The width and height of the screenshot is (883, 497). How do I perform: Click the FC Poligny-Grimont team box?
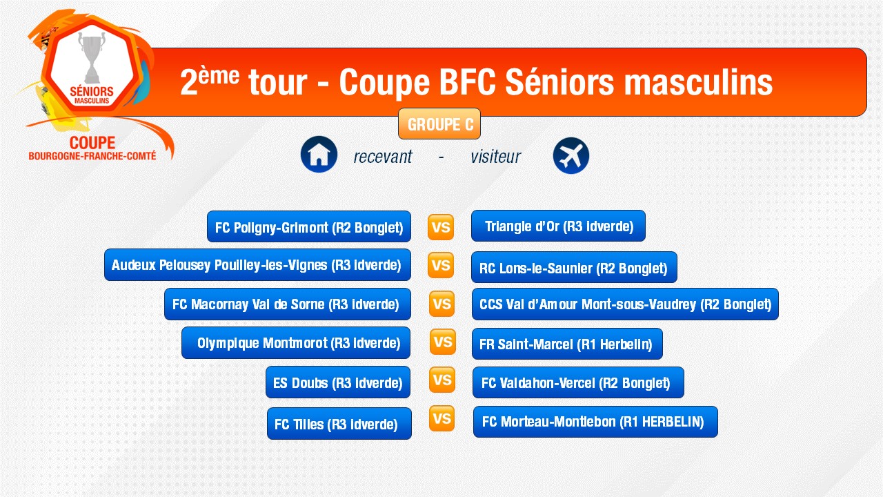(x=309, y=226)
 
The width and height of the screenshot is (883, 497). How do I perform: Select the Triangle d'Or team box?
(x=558, y=226)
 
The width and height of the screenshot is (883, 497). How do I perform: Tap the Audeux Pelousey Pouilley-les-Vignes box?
(x=257, y=264)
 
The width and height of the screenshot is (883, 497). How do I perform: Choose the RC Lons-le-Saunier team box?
(x=574, y=267)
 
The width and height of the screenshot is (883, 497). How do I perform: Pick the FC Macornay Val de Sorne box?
(x=288, y=304)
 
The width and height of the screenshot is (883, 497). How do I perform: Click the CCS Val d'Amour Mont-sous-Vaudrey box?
(x=625, y=304)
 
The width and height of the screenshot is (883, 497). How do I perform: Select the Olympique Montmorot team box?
(x=296, y=342)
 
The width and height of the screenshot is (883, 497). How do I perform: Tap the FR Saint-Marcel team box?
(x=567, y=344)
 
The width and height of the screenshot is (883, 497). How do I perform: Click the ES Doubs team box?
(x=338, y=382)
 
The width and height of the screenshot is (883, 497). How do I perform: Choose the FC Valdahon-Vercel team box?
(x=578, y=382)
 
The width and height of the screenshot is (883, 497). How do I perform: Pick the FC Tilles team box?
(x=339, y=423)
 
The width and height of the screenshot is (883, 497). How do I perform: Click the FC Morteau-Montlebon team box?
(x=595, y=422)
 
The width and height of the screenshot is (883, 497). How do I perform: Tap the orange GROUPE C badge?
(x=439, y=124)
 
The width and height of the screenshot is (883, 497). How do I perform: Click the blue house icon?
(x=319, y=154)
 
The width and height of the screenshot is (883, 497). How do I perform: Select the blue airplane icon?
(x=571, y=155)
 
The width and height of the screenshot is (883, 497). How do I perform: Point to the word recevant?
(x=383, y=157)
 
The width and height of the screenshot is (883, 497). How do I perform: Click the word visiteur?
(x=495, y=157)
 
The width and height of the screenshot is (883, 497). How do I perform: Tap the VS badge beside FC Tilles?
(x=441, y=418)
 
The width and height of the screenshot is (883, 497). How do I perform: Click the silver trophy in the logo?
(x=92, y=57)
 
